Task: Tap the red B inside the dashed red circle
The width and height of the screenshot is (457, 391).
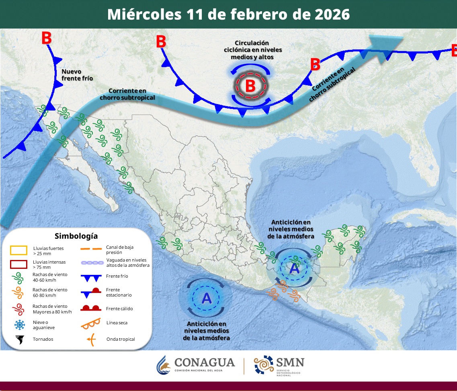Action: click(x=250, y=86)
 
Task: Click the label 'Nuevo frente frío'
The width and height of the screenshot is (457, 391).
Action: click(x=77, y=75)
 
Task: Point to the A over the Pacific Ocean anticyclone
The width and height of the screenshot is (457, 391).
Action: click(x=206, y=298)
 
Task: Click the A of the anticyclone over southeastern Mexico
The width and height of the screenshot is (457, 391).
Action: click(x=295, y=268)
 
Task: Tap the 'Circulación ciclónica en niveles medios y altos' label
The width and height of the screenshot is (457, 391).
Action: click(x=252, y=50)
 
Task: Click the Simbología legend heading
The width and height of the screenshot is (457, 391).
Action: click(x=76, y=236)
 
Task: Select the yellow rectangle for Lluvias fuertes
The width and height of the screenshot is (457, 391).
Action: click(x=18, y=250)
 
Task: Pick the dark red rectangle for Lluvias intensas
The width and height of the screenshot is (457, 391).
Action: click(x=18, y=264)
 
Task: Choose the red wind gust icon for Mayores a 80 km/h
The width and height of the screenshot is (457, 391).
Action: click(x=18, y=309)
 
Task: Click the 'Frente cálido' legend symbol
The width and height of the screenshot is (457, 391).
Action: click(x=91, y=308)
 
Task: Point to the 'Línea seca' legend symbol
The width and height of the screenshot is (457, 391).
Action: click(x=91, y=323)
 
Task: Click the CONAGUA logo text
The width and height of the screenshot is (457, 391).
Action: click(x=204, y=362)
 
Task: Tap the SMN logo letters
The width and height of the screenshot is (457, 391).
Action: click(x=290, y=362)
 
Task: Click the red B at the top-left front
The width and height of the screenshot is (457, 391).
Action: click(x=46, y=38)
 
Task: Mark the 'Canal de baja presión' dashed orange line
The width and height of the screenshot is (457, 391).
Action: click(x=91, y=249)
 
